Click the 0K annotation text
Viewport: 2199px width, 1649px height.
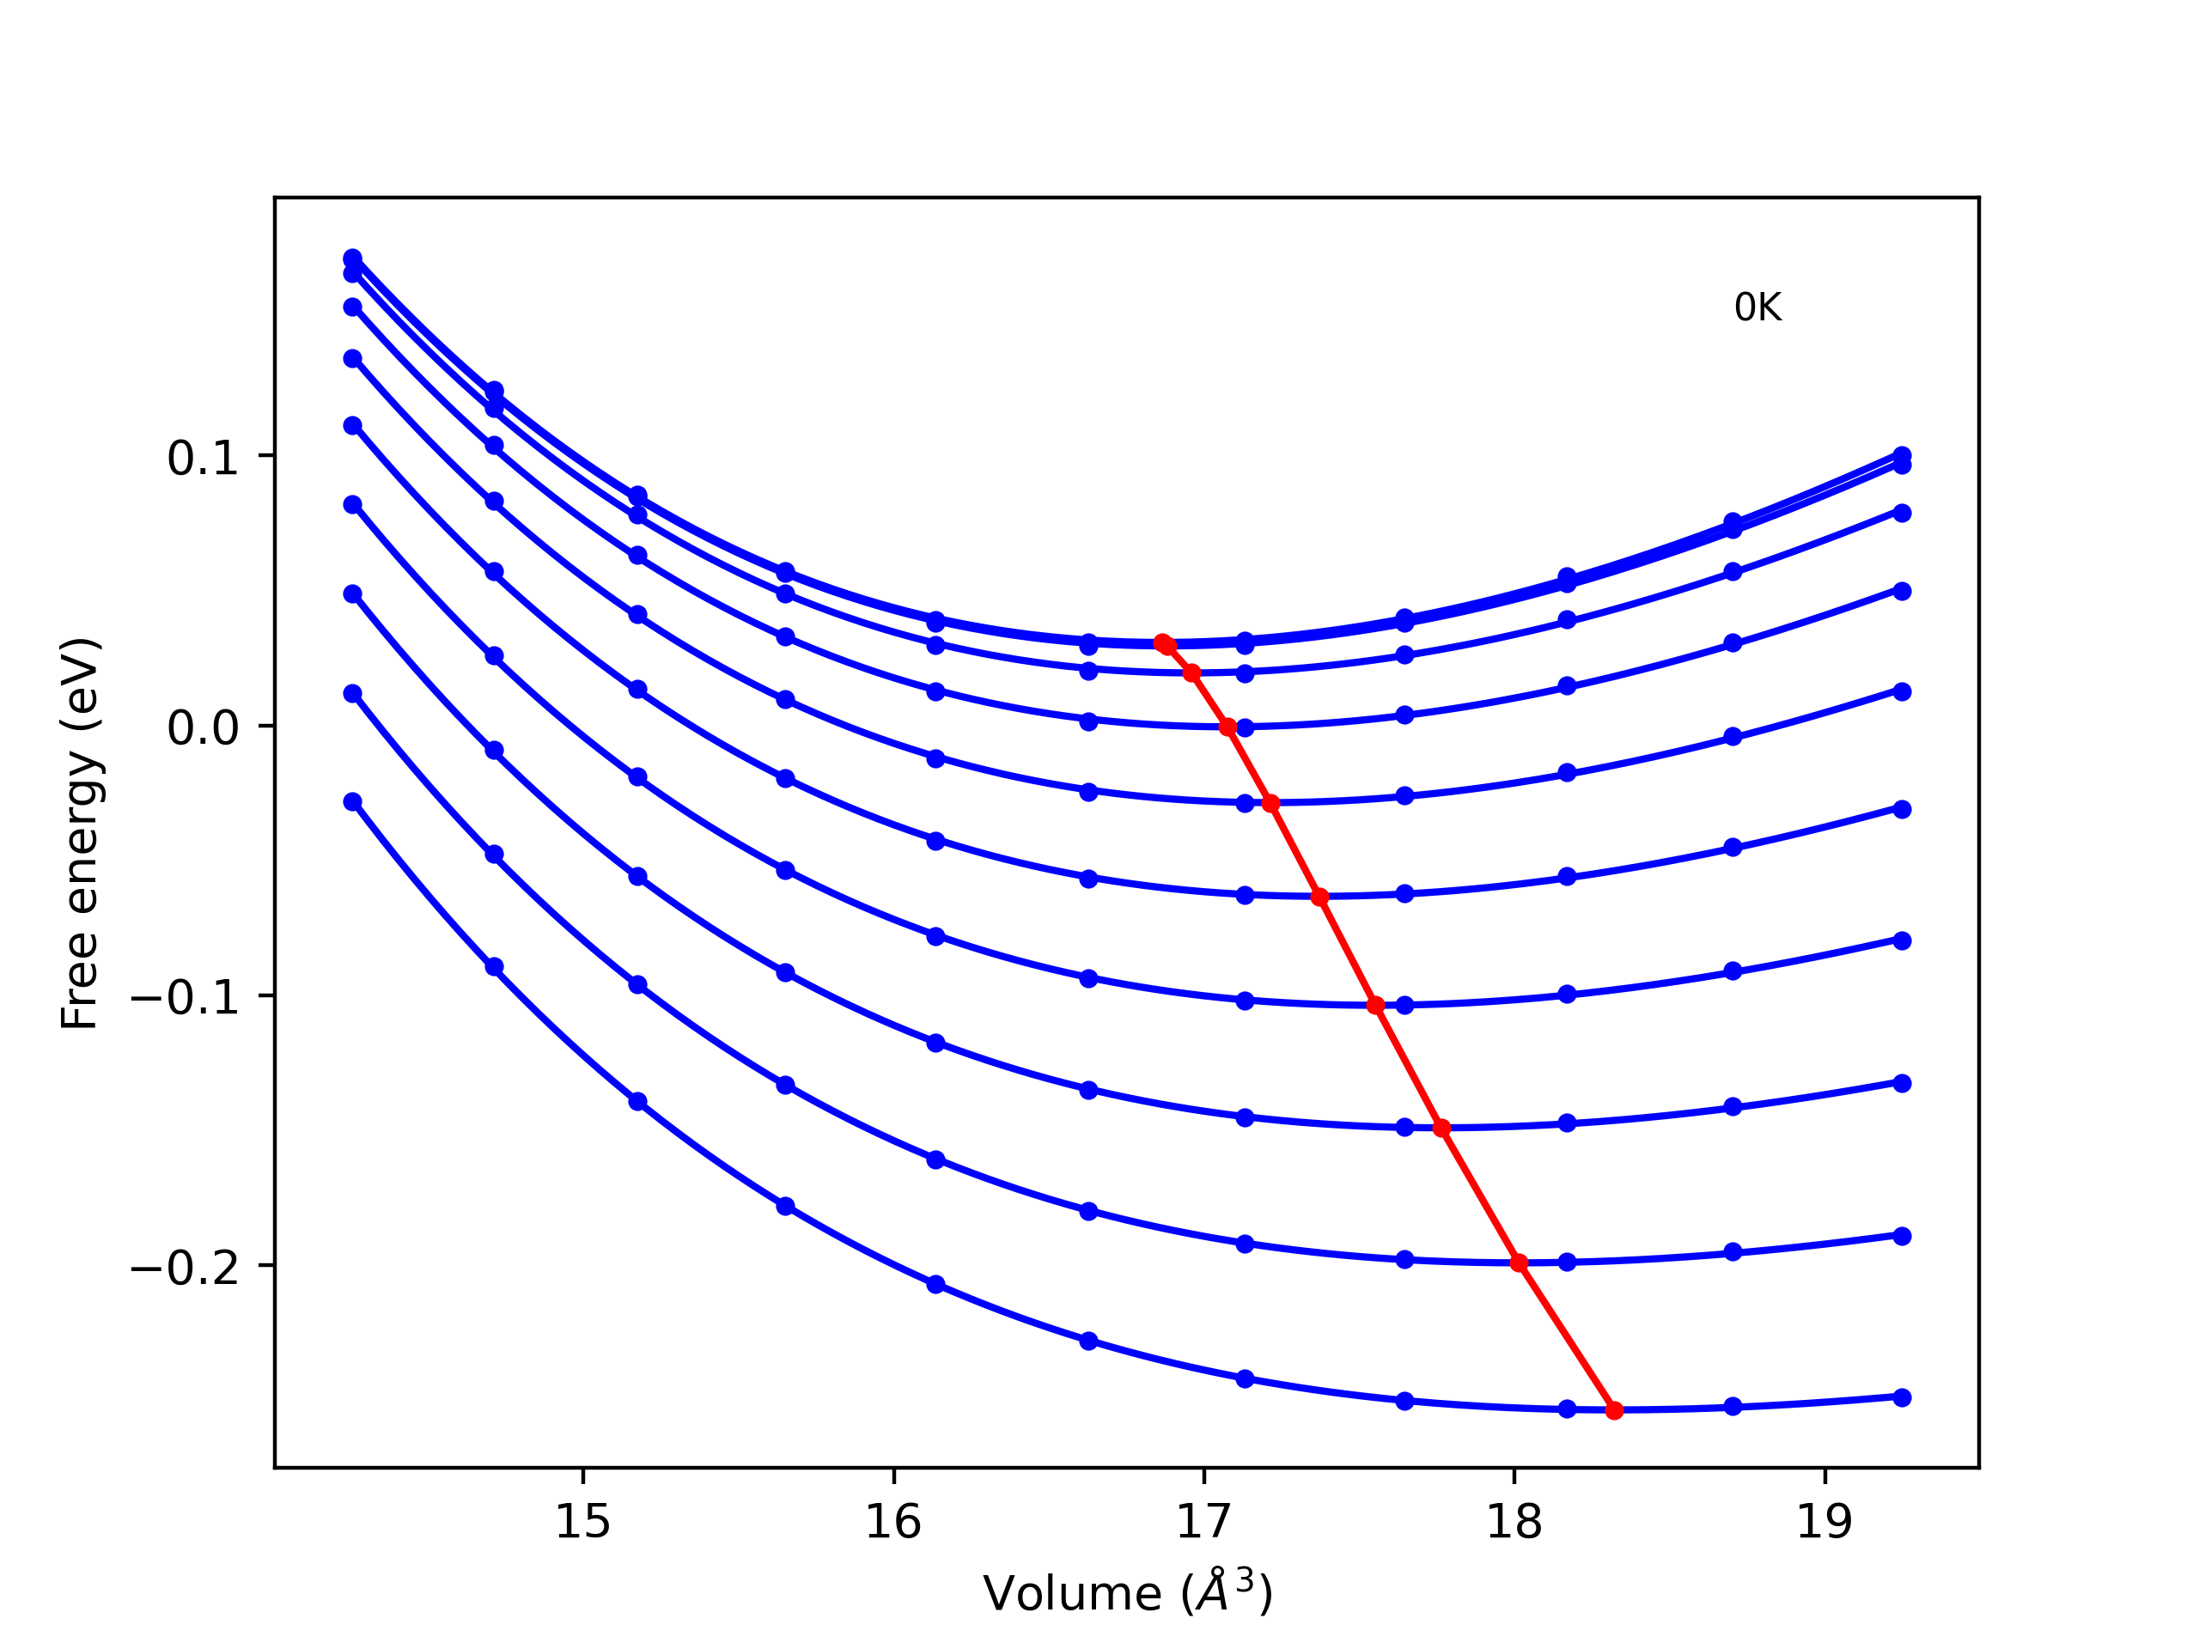tap(1757, 308)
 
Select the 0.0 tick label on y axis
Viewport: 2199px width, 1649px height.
tap(203, 728)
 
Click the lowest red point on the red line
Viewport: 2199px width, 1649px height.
tap(1614, 1410)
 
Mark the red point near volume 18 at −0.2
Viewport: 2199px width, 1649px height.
tap(1519, 1263)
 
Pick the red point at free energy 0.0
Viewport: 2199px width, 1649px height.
tap(1227, 727)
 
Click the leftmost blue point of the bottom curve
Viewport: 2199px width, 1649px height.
tap(353, 802)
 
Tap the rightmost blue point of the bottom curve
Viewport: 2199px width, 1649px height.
tap(1902, 1397)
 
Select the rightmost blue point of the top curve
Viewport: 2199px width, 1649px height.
tap(1902, 455)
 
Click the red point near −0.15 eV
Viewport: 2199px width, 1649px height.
tap(1441, 1129)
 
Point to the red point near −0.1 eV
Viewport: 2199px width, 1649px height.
tap(1376, 1006)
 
